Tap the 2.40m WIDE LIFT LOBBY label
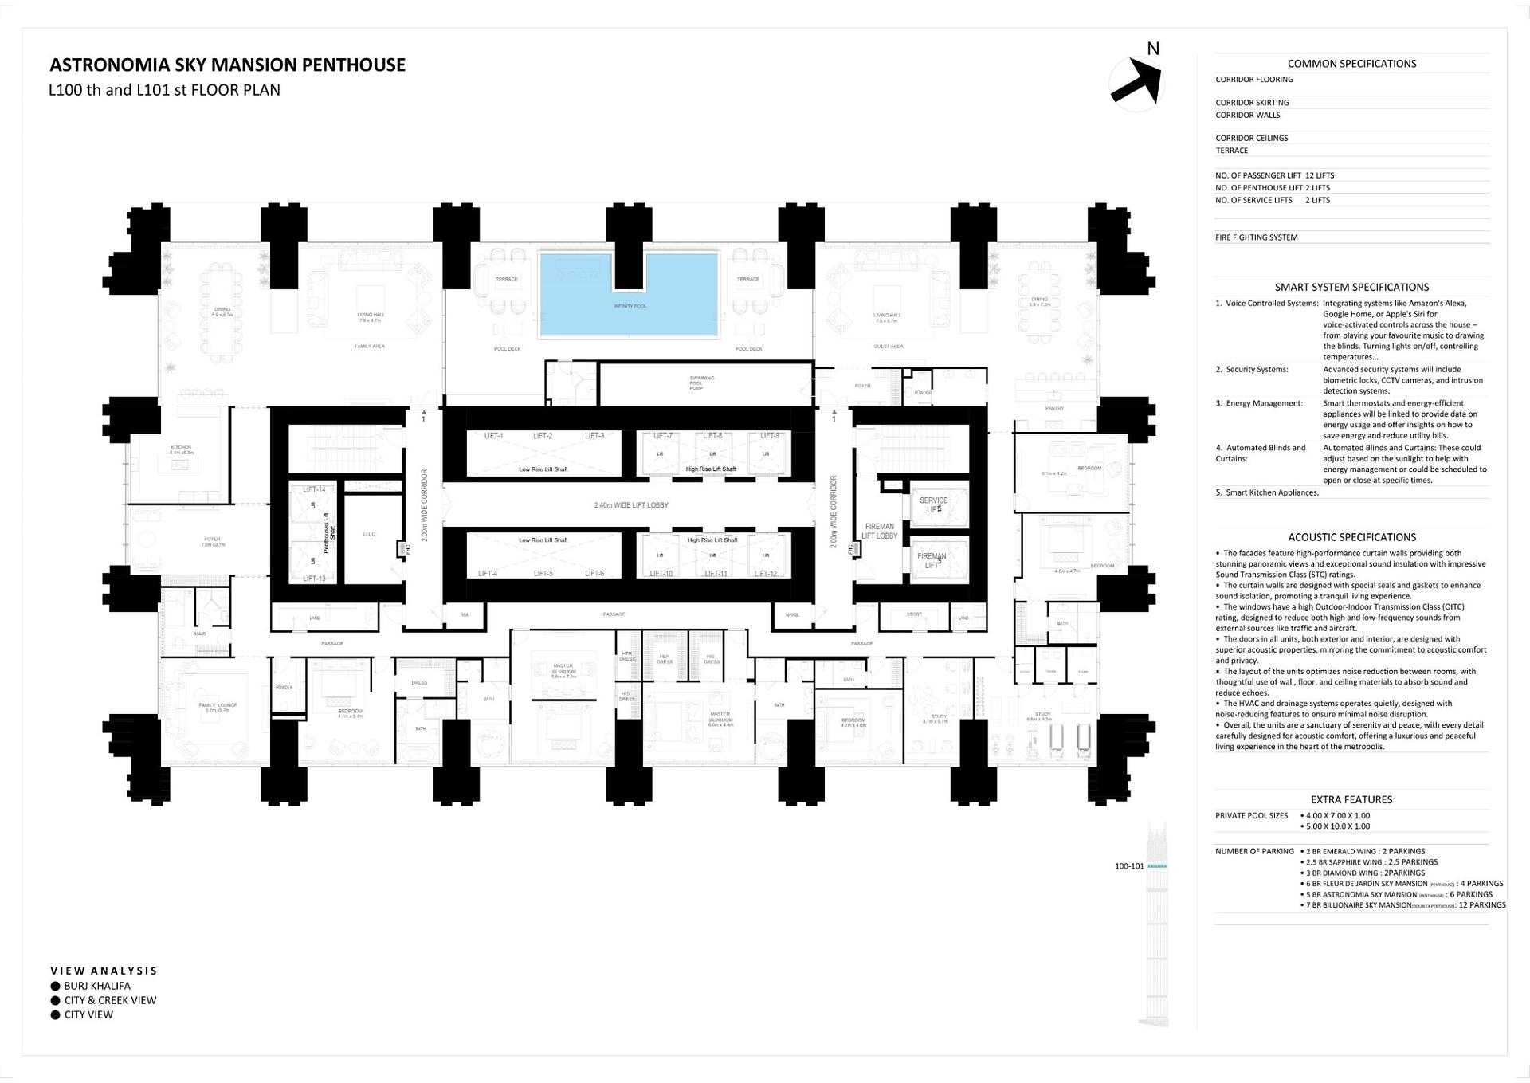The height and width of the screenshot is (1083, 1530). [630, 505]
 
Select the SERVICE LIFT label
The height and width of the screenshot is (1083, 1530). [933, 504]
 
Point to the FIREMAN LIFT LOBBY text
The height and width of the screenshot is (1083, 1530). [879, 531]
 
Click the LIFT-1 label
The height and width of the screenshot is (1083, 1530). [493, 436]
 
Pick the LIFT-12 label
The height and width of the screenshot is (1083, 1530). [765, 574]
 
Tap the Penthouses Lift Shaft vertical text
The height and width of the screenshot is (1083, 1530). [329, 534]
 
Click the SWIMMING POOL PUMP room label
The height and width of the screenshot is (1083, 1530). [702, 383]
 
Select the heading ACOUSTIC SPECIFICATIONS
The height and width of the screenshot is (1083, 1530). [1351, 537]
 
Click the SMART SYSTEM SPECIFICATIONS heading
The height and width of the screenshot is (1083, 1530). [1351, 287]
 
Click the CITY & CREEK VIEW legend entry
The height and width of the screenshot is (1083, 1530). [110, 1000]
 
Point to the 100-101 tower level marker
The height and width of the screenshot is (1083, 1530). [1129, 866]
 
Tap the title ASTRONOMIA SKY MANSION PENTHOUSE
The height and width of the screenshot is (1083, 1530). [227, 65]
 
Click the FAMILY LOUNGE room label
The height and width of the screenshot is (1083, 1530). [218, 706]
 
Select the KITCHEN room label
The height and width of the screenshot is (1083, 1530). [181, 449]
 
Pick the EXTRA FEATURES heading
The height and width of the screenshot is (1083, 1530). [1351, 799]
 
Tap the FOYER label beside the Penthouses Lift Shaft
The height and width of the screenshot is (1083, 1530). [212, 540]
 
